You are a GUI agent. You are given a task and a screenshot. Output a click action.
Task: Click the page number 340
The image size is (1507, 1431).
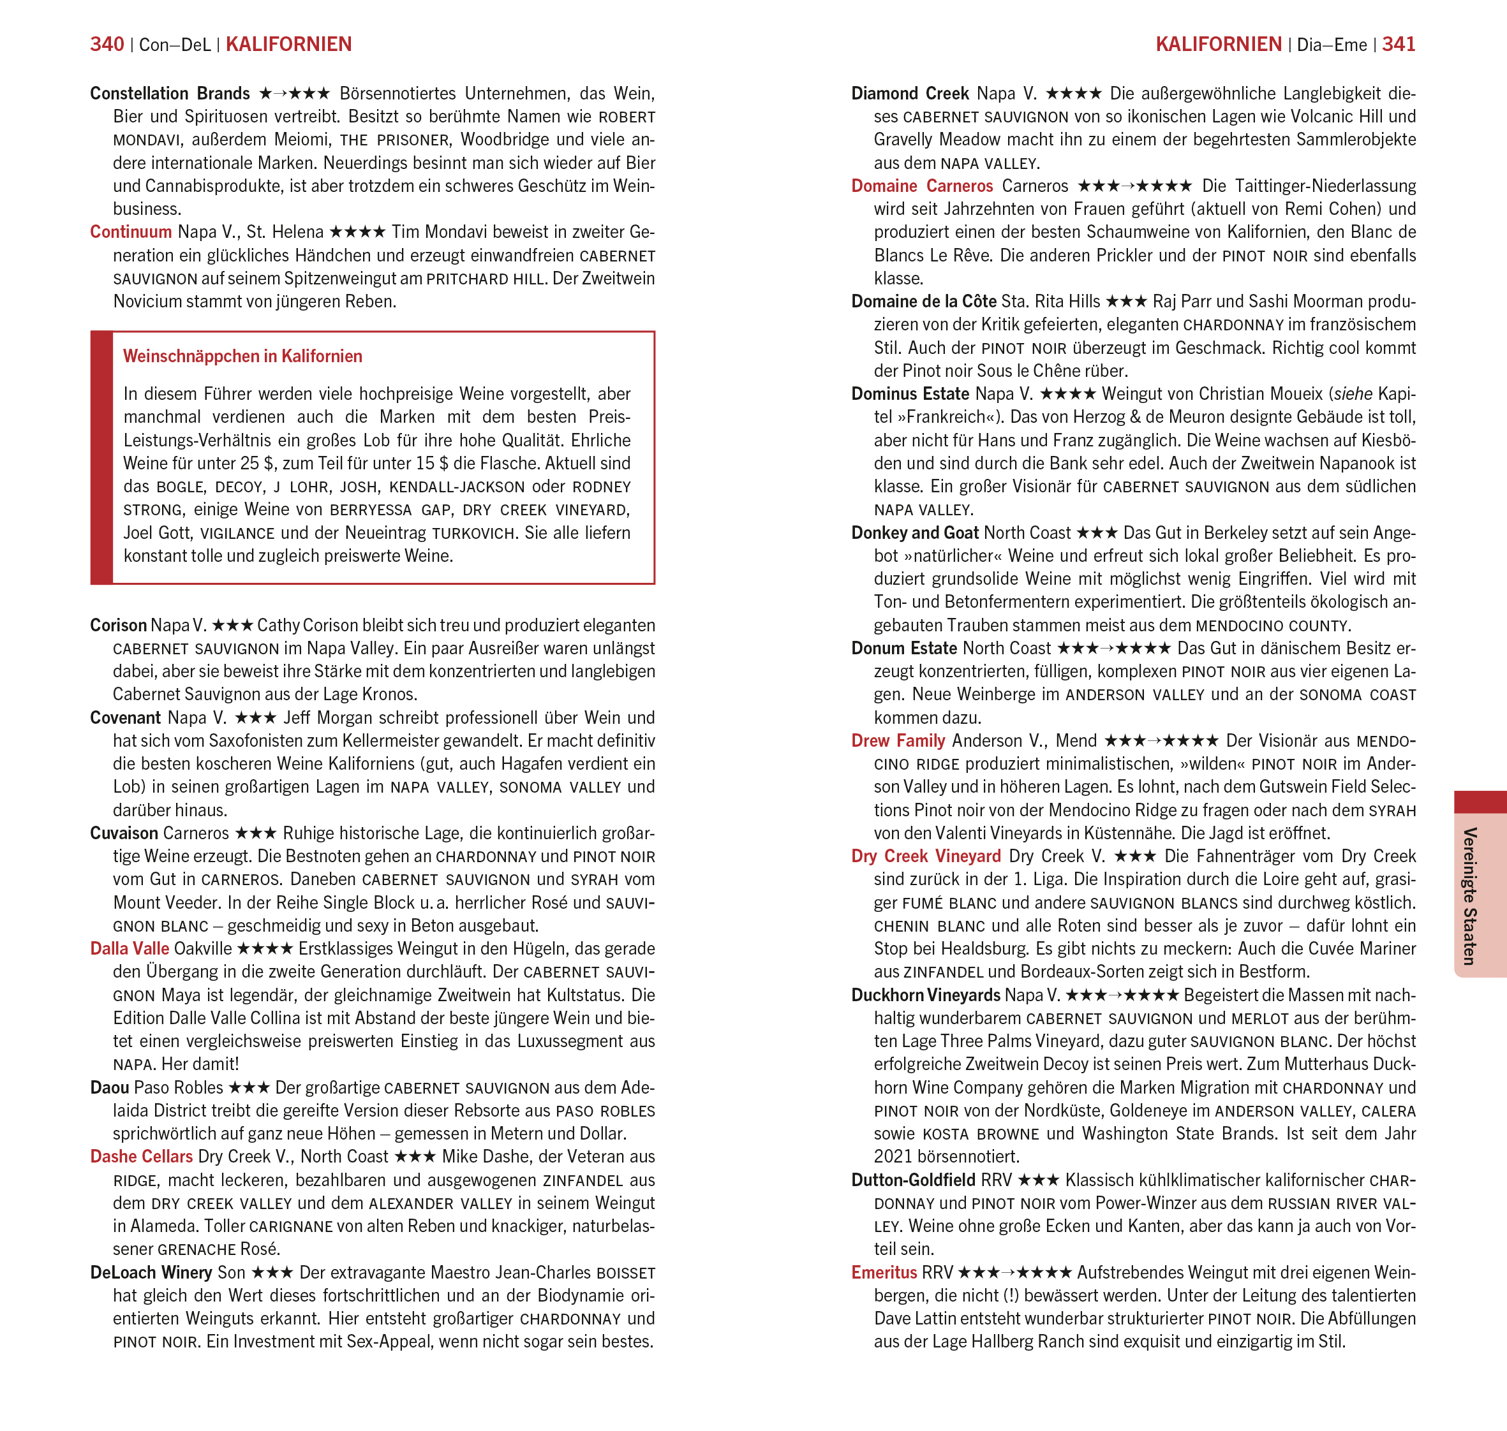[107, 44]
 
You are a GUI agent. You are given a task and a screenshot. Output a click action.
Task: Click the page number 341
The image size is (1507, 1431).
[1398, 44]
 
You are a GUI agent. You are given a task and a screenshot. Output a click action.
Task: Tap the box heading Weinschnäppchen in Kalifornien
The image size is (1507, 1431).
[242, 356]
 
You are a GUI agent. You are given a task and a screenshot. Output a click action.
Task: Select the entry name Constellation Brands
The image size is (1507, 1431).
[170, 94]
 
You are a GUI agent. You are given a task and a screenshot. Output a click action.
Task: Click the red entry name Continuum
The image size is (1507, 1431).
[131, 232]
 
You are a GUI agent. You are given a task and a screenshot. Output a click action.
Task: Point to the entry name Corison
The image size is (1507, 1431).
[118, 626]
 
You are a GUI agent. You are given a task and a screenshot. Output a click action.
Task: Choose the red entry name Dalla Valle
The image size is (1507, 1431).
[130, 949]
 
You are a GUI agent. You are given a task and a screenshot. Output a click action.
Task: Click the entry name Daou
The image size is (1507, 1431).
[109, 1088]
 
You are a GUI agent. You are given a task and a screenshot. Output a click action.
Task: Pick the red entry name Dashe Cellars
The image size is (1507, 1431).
[141, 1156]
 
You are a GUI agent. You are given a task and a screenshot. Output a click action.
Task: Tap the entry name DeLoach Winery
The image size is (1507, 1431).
[151, 1272]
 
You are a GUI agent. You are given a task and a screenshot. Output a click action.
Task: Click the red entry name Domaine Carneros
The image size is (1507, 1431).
[922, 186]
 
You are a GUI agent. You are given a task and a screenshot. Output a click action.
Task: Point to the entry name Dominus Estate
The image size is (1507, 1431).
[910, 393]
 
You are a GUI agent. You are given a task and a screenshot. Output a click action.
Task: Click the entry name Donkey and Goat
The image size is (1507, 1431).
[915, 532]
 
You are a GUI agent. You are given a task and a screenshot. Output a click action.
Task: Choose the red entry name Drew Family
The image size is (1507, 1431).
[898, 740]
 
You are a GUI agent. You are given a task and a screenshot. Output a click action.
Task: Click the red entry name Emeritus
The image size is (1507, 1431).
[884, 1272]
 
